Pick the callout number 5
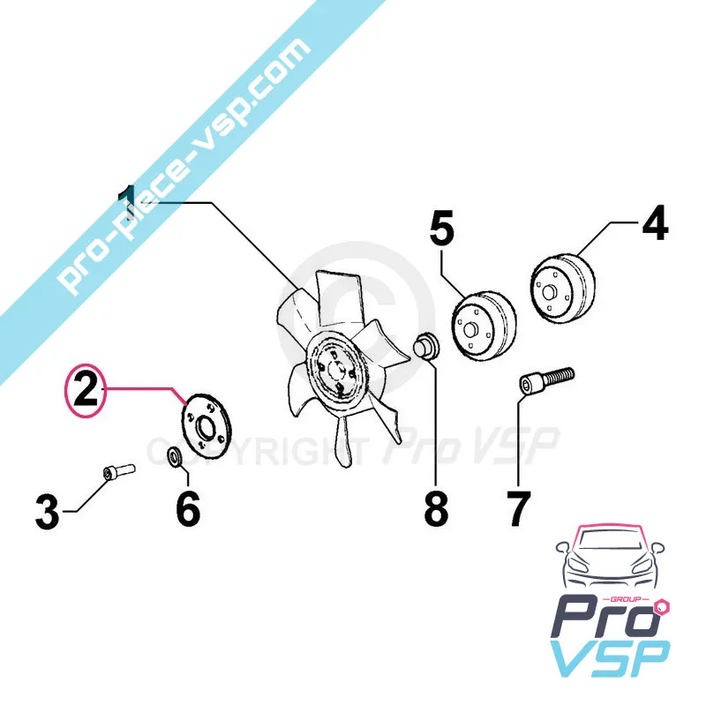coord(441,229)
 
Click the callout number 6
coord(187,509)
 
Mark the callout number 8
coord(435,509)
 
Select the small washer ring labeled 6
coord(175,456)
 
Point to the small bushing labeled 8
coord(427,347)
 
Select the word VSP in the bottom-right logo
coord(610,657)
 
